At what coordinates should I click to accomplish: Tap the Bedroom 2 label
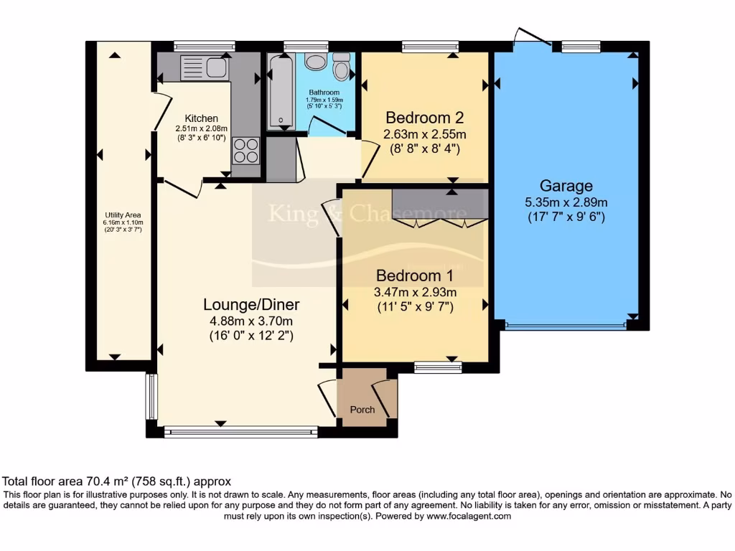click(424, 118)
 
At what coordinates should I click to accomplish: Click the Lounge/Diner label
click(251, 304)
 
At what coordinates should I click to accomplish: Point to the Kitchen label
click(201, 118)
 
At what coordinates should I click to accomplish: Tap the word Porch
click(362, 410)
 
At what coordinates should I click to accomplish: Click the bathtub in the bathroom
click(278, 93)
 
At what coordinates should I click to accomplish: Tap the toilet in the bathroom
click(342, 67)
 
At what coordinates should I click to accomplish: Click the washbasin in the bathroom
click(315, 62)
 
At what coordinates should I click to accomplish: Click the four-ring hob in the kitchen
click(245, 150)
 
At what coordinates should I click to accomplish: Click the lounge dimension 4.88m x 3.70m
click(251, 321)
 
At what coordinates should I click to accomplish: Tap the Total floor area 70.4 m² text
click(117, 481)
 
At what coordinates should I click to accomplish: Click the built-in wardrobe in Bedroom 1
click(440, 204)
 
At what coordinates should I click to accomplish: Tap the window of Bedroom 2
click(430, 47)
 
